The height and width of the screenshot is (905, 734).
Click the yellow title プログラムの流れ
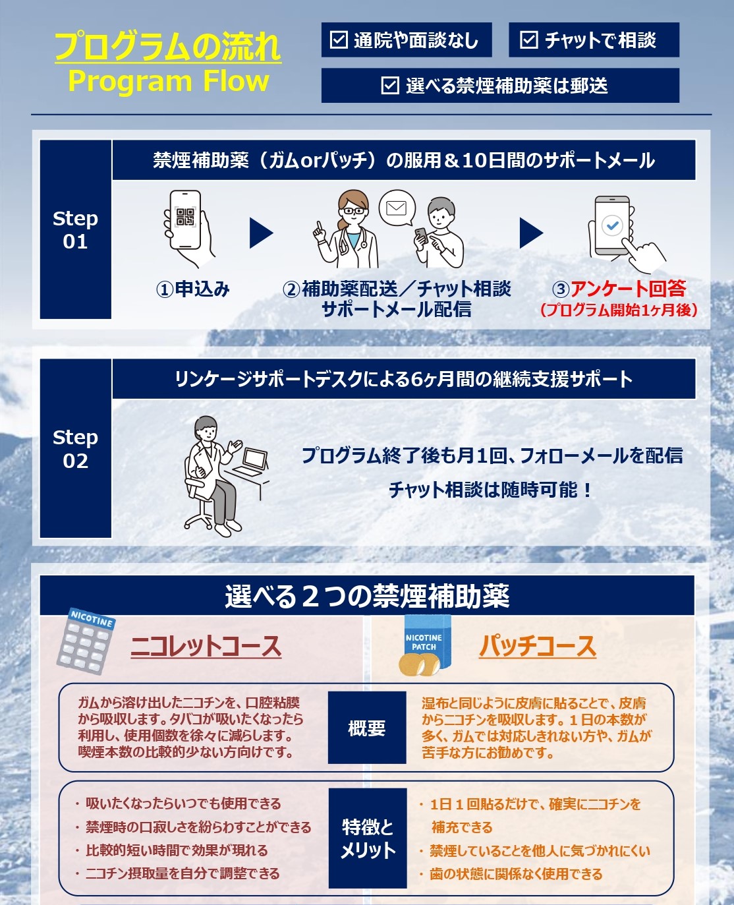tap(168, 47)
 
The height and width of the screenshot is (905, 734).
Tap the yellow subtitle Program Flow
tap(169, 81)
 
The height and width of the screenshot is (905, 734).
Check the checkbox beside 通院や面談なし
tap(338, 40)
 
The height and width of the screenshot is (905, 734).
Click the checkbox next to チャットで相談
tap(528, 40)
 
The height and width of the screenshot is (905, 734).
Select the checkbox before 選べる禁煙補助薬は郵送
tap(390, 86)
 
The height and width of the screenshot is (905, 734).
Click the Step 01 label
tap(75, 229)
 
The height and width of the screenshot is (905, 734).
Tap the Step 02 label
tap(75, 448)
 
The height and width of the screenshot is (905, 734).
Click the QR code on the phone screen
tap(185, 217)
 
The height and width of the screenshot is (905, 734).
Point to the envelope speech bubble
tap(397, 208)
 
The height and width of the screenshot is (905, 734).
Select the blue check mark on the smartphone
tap(612, 225)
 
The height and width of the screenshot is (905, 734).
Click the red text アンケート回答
tap(628, 289)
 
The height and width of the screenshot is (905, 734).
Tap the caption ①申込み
tap(192, 289)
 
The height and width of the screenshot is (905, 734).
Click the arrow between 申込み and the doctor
tap(261, 233)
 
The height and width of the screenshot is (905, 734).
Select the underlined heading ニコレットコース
tap(206, 646)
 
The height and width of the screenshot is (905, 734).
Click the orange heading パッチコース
tap(537, 646)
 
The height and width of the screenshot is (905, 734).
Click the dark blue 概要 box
tap(367, 728)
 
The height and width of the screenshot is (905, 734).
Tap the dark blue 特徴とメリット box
tap(367, 838)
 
